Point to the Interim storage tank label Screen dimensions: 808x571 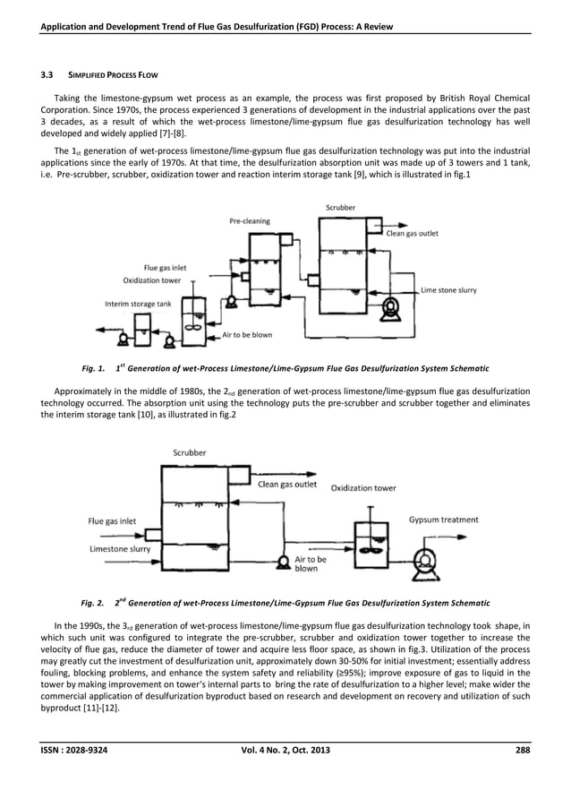pos(137,304)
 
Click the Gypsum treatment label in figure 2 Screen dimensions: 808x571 pos(444,520)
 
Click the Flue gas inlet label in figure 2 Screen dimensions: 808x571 pos(113,520)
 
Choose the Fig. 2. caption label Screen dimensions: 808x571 pos(93,602)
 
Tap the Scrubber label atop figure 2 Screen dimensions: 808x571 pos(188,452)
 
